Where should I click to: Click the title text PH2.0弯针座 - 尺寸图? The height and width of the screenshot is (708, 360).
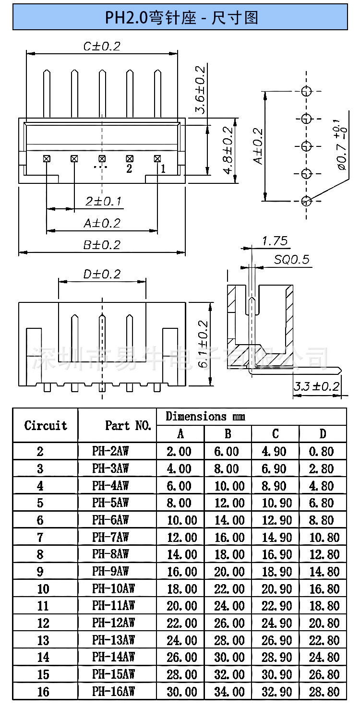click(181, 18)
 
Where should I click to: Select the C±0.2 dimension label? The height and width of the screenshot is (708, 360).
click(102, 47)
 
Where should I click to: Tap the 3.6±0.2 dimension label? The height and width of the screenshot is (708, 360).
click(200, 90)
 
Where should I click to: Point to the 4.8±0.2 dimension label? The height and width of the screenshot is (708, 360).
click(228, 150)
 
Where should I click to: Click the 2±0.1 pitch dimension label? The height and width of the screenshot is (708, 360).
click(103, 201)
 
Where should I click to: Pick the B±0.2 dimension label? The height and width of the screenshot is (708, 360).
click(102, 245)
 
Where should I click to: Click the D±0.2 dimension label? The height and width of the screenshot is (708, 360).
click(102, 274)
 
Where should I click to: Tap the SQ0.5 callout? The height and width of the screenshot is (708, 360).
click(291, 260)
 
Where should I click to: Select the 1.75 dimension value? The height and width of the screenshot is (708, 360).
click(275, 241)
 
